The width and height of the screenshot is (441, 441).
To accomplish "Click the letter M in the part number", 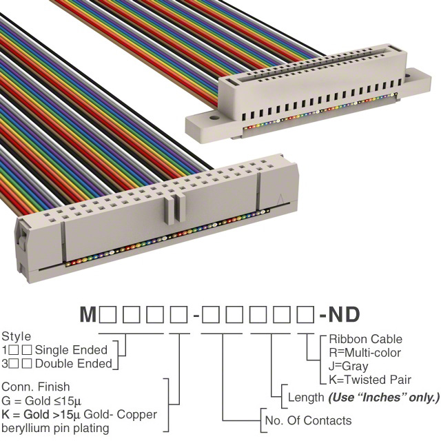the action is (x=88, y=314).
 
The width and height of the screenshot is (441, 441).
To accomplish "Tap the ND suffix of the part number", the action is (x=345, y=314).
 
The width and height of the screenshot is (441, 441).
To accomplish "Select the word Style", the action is (x=17, y=337).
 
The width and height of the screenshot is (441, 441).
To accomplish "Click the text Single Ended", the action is (x=71, y=350).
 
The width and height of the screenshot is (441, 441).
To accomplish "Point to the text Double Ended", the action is (x=74, y=364).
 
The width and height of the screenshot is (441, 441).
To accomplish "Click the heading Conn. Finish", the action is (x=36, y=387).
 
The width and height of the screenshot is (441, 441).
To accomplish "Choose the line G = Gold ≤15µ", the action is (x=41, y=400).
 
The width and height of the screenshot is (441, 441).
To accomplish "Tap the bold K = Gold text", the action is (x=25, y=414).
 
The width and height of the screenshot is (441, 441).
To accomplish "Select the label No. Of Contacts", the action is (x=308, y=420).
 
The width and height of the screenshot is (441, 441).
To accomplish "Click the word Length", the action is (x=306, y=398).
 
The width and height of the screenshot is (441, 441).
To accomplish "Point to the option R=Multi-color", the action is (x=365, y=353).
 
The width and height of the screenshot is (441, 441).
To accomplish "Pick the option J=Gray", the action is (x=348, y=366).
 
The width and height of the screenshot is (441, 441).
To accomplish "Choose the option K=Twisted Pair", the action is (x=370, y=380).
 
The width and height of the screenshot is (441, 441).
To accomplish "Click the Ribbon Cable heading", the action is (x=365, y=339).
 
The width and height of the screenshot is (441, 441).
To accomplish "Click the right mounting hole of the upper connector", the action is (x=407, y=76).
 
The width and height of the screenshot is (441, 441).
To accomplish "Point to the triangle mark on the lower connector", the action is (x=280, y=199).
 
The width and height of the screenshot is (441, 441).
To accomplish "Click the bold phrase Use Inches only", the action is (x=384, y=398).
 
